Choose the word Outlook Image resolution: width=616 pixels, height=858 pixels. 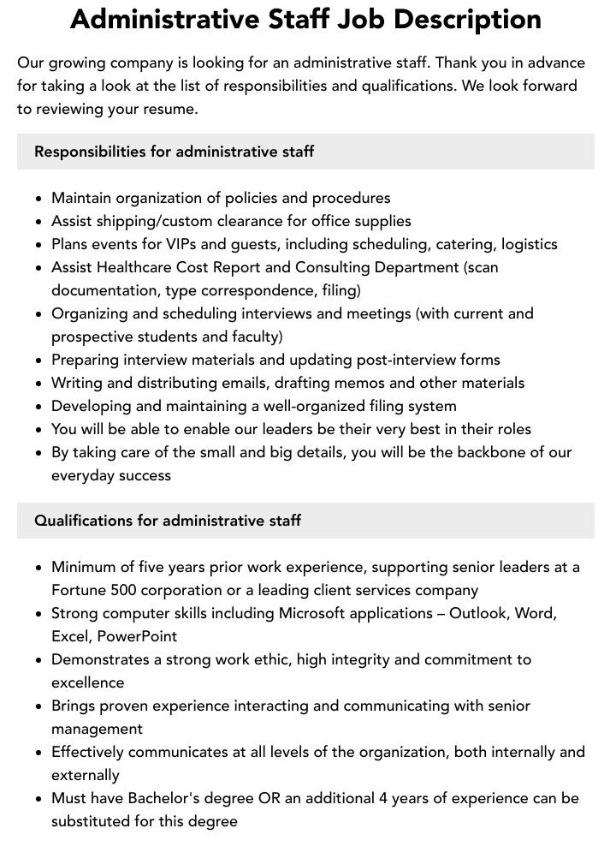click(480, 613)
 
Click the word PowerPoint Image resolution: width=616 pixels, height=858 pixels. click(137, 636)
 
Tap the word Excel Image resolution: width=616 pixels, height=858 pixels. click(71, 636)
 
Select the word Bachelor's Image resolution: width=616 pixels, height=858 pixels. click(165, 798)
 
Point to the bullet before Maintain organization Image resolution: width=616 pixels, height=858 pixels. click(38, 199)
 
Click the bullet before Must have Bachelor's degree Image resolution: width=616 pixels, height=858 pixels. click(38, 799)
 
